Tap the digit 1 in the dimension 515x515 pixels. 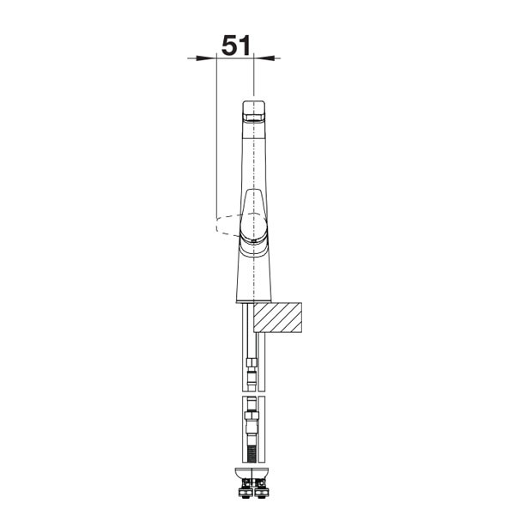(x=245, y=45)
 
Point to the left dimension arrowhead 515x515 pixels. (x=206, y=58)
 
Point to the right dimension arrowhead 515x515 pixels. (x=264, y=58)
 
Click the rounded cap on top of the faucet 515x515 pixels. (x=253, y=111)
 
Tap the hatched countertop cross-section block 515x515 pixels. (x=277, y=318)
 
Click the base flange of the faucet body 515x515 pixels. (x=253, y=301)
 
